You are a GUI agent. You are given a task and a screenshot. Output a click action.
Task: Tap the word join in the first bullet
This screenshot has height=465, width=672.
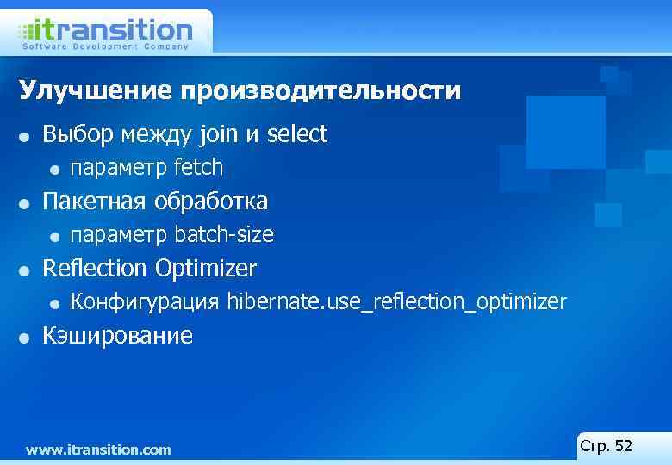click(219, 134)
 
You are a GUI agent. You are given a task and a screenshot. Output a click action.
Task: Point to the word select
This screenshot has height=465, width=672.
click(297, 134)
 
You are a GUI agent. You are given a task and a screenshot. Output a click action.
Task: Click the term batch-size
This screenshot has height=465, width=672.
click(224, 234)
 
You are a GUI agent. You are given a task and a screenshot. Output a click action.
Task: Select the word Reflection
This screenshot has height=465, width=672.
click(96, 269)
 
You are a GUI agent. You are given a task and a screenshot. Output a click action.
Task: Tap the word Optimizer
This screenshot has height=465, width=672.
click(206, 270)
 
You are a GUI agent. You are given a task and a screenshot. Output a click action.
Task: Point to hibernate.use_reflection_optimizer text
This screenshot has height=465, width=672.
click(397, 302)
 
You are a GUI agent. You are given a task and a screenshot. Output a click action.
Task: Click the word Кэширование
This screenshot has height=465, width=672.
click(118, 336)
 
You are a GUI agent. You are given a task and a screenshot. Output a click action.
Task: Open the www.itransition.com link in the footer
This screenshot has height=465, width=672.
click(98, 449)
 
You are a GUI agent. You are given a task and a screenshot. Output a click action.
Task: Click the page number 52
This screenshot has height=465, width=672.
click(624, 446)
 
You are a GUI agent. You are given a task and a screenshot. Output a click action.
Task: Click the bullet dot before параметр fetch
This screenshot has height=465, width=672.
click(54, 168)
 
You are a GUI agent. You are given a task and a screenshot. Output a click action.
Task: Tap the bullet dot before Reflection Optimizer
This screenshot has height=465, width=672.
click(26, 270)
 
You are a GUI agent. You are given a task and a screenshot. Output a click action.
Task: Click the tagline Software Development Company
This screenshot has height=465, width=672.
click(105, 46)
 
